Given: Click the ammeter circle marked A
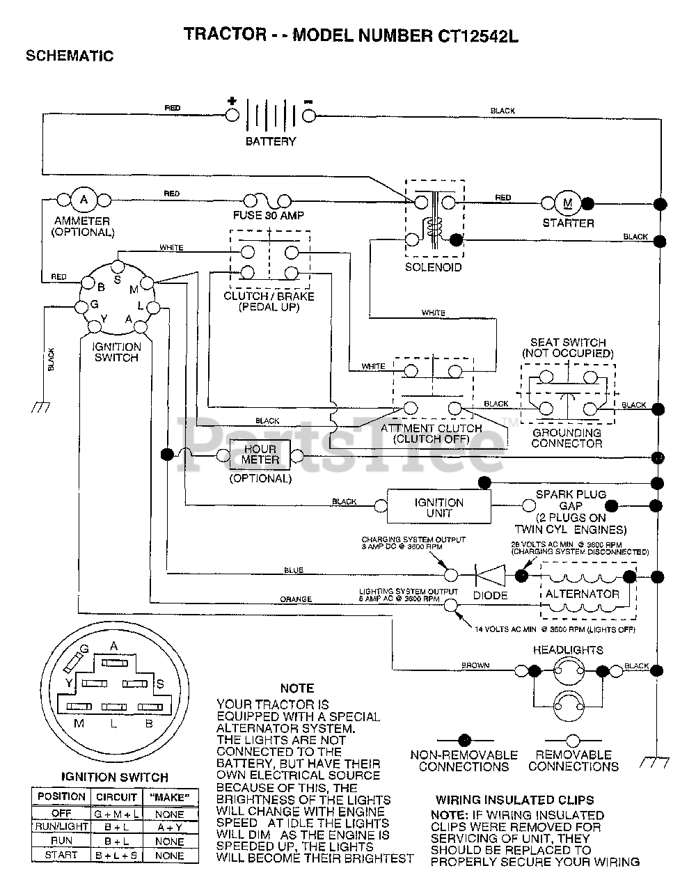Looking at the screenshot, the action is pyautogui.click(x=84, y=200).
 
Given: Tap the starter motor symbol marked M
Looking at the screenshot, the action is pyautogui.click(x=567, y=203).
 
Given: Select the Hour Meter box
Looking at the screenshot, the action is pyautogui.click(x=260, y=455).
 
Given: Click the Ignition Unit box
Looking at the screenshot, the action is pyautogui.click(x=439, y=507).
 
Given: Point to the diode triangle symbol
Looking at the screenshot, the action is pyautogui.click(x=490, y=575).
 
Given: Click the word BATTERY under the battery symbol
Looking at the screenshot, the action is pyautogui.click(x=271, y=141).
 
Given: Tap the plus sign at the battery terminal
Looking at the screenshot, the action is pyautogui.click(x=232, y=101).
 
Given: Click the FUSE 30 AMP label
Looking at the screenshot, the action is pyautogui.click(x=269, y=215).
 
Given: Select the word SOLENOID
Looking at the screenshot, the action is pyautogui.click(x=433, y=267).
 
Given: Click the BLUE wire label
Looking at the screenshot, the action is pyautogui.click(x=294, y=570).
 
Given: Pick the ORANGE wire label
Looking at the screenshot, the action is pyautogui.click(x=296, y=599).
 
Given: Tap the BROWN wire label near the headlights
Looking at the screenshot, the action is pyautogui.click(x=475, y=665).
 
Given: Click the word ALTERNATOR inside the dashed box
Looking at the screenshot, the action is pyautogui.click(x=583, y=594).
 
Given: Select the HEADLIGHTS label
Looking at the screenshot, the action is pyautogui.click(x=568, y=650).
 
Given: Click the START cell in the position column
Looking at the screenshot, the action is pyautogui.click(x=61, y=855).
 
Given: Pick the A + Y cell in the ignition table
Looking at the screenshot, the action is pyautogui.click(x=170, y=827).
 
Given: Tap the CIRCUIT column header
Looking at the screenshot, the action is pyautogui.click(x=116, y=797).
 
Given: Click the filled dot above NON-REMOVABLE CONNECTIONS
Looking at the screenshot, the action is pyautogui.click(x=464, y=740).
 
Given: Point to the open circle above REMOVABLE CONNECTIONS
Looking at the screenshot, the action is pyautogui.click(x=573, y=741).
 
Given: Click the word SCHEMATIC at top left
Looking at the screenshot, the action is pyautogui.click(x=70, y=56).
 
